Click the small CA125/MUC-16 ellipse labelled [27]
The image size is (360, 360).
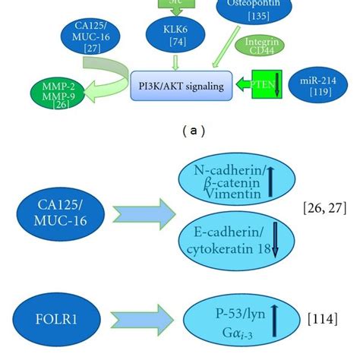coord(84,39)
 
